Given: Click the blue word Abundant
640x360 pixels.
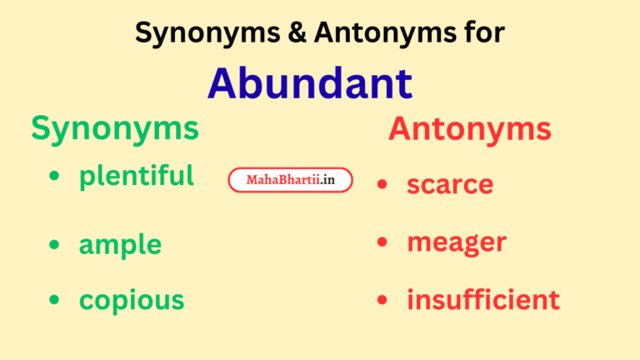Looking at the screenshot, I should coord(309,82).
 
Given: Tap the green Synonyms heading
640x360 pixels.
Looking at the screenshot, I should coord(115,128).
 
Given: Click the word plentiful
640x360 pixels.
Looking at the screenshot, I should coord(137,176).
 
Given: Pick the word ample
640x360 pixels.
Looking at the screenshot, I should coord(120,245).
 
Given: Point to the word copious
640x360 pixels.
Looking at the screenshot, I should coord(132,299).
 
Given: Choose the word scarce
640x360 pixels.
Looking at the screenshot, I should coord(450,184).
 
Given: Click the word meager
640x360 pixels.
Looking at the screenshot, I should coord(457,242).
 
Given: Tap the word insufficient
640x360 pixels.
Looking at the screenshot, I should coord(483,299).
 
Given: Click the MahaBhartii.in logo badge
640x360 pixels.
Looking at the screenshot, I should coord(290,180).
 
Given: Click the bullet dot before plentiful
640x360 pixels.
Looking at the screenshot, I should coord(54,177).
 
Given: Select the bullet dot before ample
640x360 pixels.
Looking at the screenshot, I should coord(54,244).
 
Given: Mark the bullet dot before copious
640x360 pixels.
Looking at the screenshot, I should coord(54,299).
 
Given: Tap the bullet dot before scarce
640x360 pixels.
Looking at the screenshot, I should coord(382,184).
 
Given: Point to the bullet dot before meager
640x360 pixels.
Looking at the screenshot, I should coord(382,242).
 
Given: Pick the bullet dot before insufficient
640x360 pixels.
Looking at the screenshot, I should coord(382,299).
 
